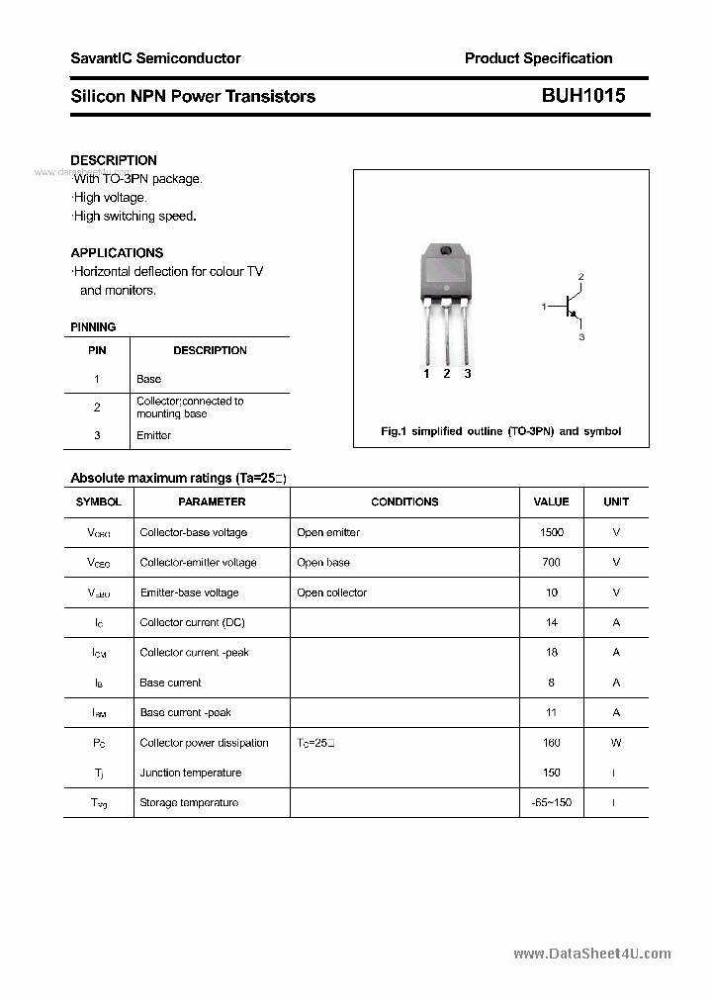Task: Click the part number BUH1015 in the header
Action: [582, 96]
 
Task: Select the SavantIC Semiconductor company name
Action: [155, 58]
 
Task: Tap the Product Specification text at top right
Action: [538, 58]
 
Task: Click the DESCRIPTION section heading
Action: [114, 160]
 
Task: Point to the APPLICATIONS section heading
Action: [117, 252]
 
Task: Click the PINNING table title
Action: [93, 326]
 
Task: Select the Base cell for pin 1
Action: [148, 379]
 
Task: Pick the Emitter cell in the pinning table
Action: [153, 435]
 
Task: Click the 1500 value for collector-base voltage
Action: [552, 532]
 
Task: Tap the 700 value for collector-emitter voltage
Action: [552, 562]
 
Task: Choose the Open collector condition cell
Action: [331, 592]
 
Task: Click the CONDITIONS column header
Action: [404, 501]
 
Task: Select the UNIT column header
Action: [616, 501]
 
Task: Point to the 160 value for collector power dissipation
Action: [552, 743]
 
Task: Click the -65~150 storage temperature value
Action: [552, 802]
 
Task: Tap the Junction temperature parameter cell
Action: [190, 773]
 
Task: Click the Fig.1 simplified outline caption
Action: [500, 431]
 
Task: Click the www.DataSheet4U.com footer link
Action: [592, 954]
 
